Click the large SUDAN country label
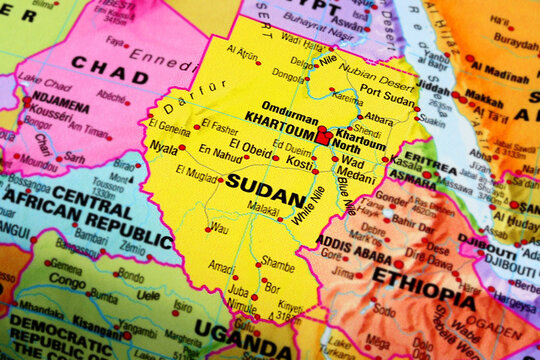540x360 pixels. tap(265, 182)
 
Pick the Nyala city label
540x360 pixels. tap(163, 146)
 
